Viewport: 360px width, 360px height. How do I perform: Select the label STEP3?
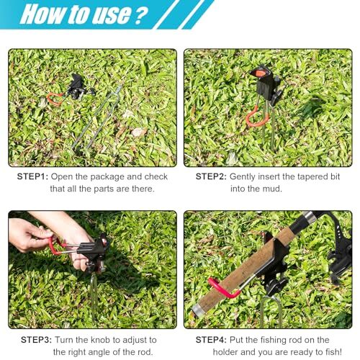tap(34, 339)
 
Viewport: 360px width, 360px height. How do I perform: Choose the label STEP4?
tap(212, 339)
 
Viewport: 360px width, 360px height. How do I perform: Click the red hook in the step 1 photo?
tap(55, 99)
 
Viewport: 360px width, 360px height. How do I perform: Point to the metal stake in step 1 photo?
tap(97, 119)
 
